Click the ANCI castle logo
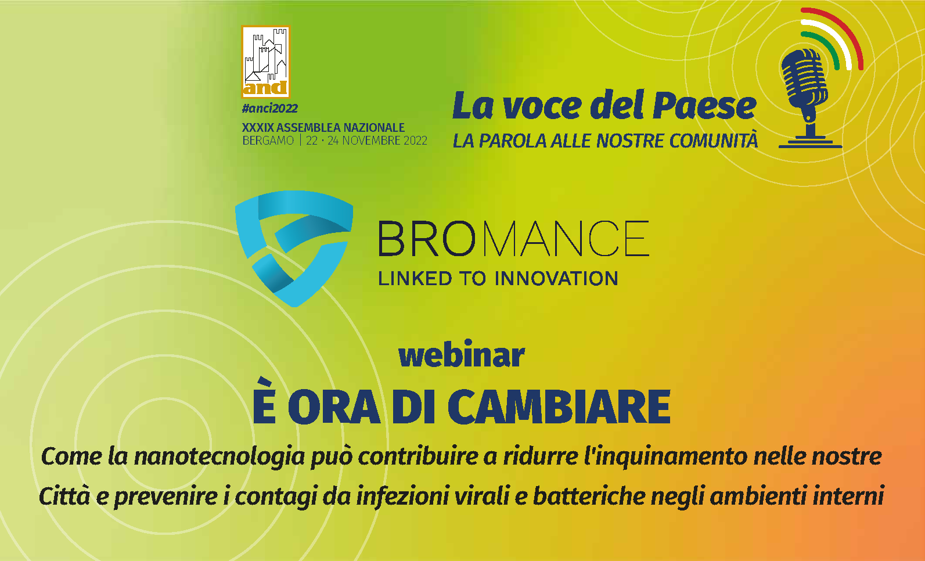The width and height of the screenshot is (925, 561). pyautogui.click(x=266, y=62)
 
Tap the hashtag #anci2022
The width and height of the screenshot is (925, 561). pyautogui.click(x=269, y=109)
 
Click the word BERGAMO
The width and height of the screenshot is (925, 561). pyautogui.click(x=268, y=141)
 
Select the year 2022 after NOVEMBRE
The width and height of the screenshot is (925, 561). pyautogui.click(x=415, y=141)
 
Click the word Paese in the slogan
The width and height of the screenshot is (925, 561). pyautogui.click(x=704, y=106)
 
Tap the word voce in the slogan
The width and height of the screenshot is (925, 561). pyautogui.click(x=542, y=107)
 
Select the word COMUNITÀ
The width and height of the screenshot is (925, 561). pyautogui.click(x=714, y=139)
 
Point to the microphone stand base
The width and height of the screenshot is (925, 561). pyautogui.click(x=810, y=143)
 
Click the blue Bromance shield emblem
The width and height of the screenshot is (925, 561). pyautogui.click(x=294, y=249)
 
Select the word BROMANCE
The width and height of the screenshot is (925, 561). pyautogui.click(x=513, y=239)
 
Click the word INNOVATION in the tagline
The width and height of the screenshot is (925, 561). pyautogui.click(x=556, y=278)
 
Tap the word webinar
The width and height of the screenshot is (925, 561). pyautogui.click(x=462, y=354)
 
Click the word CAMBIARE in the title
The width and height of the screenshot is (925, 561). pyautogui.click(x=559, y=407)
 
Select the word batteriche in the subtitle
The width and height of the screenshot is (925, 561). pyautogui.click(x=589, y=496)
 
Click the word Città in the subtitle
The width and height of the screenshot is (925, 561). pyautogui.click(x=64, y=496)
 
